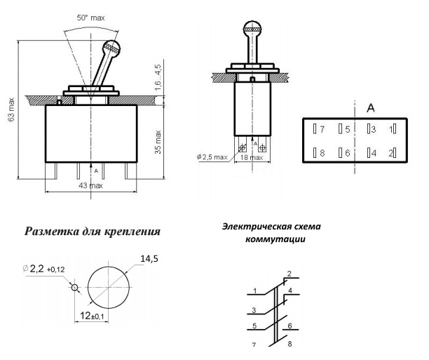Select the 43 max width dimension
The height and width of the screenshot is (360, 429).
91,186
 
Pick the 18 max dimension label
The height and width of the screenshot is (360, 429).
255,156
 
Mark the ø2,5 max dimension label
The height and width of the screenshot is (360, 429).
213,156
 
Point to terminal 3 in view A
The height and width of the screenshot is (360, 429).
372,130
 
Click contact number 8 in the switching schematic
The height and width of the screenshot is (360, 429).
290,345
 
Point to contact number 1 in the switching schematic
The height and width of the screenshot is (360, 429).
256,290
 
